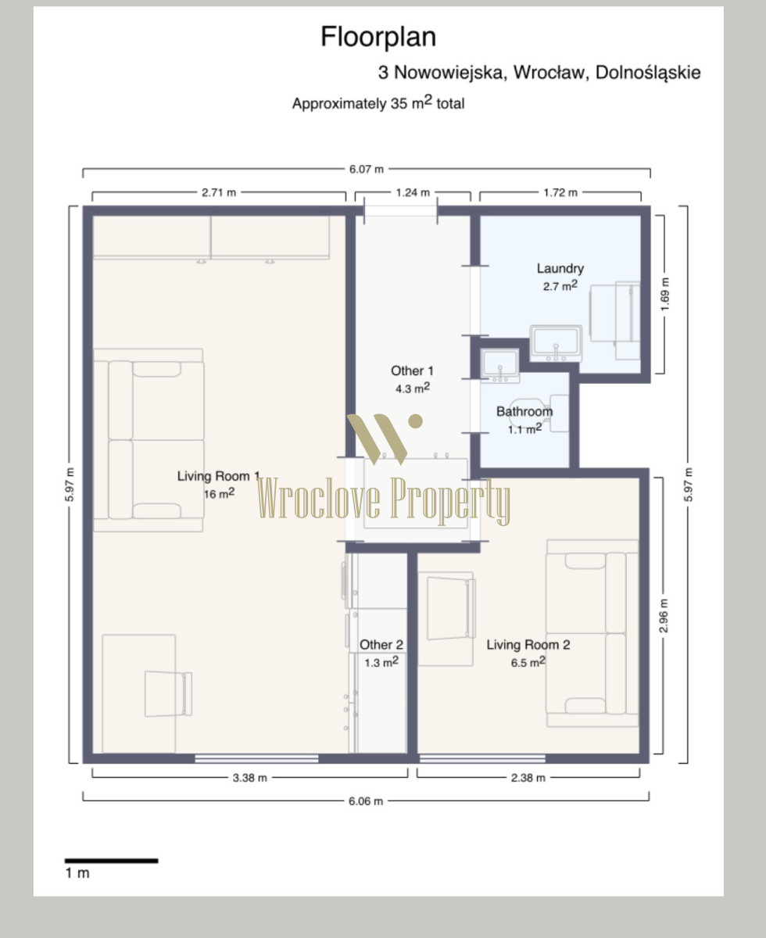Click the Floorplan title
click(378, 38)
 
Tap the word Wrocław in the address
click(549, 73)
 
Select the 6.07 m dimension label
click(366, 169)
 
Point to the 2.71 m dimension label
click(219, 192)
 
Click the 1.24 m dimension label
click(413, 192)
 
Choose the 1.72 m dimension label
click(560, 192)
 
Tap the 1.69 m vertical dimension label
click(664, 295)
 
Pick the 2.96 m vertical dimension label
click(664, 615)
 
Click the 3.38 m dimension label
click(250, 778)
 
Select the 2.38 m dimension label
click(528, 778)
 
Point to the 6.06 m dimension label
click(366, 801)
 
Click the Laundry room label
click(560, 268)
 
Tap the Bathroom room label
click(524, 411)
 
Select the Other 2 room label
click(381, 644)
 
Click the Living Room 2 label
click(528, 644)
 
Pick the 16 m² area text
click(219, 493)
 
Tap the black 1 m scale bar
click(111, 861)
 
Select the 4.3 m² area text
click(413, 388)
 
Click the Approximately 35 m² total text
click(378, 102)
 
